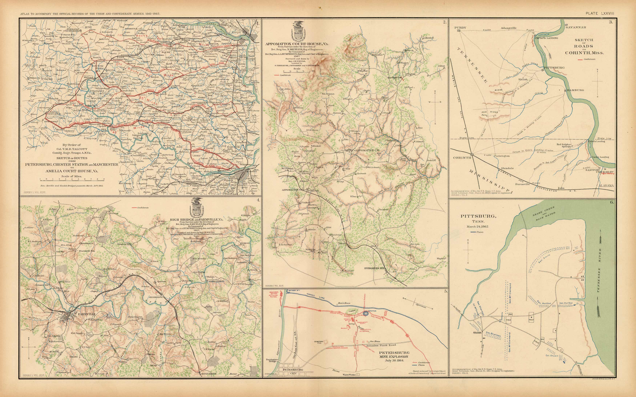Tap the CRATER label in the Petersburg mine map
click(372, 311)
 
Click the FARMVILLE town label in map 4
click(87, 314)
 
